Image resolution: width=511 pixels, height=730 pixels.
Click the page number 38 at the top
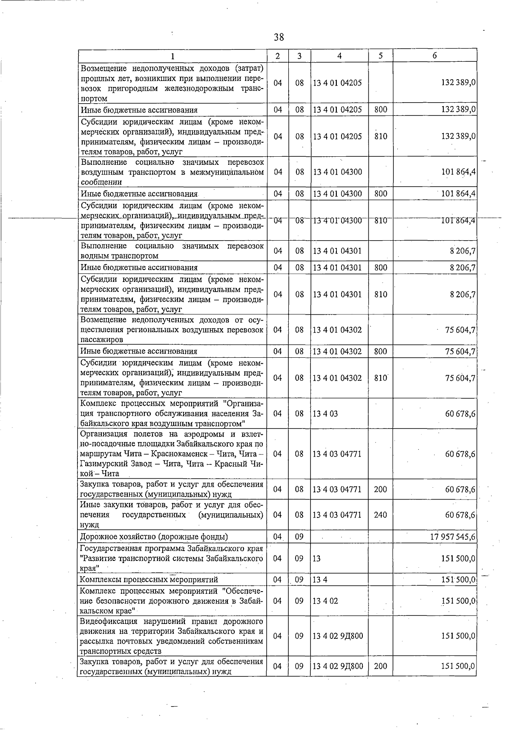[x=279, y=37]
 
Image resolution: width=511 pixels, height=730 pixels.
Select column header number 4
[x=339, y=56]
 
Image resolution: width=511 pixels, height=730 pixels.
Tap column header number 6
[x=434, y=56]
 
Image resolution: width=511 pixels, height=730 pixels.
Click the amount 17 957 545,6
[x=453, y=537]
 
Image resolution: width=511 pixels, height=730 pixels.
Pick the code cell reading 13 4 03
[x=325, y=413]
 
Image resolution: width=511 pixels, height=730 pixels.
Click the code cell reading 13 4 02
[x=325, y=601]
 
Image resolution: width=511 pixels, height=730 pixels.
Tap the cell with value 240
[x=380, y=514]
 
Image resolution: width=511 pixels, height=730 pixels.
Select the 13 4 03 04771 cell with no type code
[x=337, y=454]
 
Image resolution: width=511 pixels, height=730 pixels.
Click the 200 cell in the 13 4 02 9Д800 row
[x=380, y=666]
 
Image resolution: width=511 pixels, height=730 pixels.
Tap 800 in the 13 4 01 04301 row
[x=380, y=267]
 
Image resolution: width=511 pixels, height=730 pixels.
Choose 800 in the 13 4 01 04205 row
[x=380, y=109]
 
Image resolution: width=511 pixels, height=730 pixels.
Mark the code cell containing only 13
[x=317, y=558]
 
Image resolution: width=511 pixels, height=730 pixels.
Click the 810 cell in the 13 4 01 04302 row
[x=380, y=378]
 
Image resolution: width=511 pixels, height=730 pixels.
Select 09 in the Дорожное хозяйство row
[x=299, y=537]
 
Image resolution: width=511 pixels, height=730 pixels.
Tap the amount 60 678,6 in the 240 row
[x=460, y=514]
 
